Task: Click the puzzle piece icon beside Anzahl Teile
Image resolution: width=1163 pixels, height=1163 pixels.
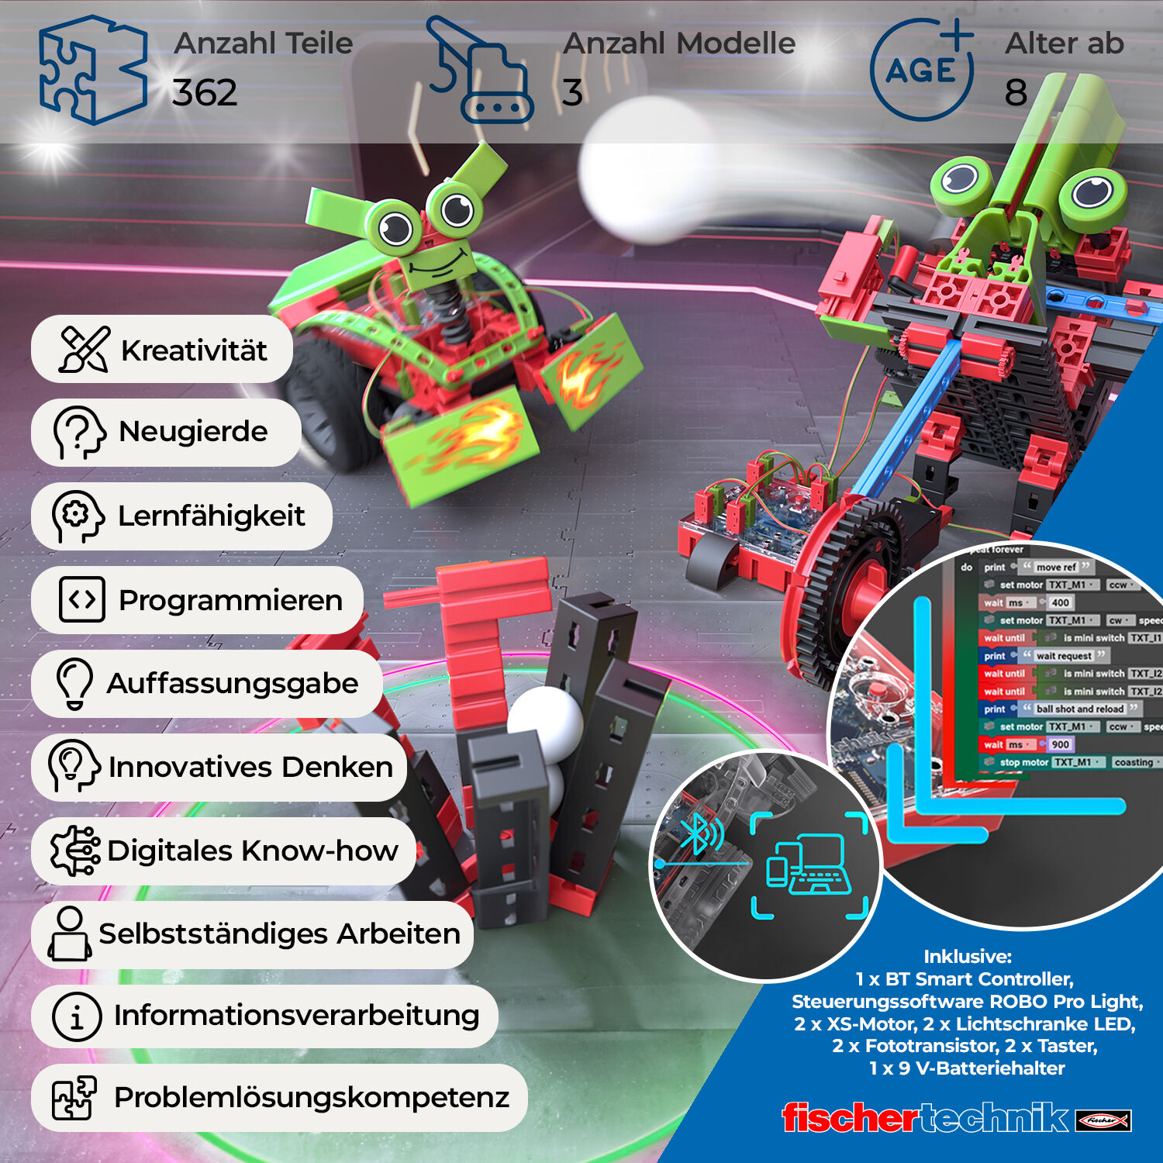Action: click(91, 70)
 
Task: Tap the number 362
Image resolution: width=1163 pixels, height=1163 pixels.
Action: click(205, 93)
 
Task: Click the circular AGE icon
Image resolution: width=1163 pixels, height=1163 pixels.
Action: click(921, 70)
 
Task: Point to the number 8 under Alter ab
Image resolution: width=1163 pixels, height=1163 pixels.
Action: click(1016, 93)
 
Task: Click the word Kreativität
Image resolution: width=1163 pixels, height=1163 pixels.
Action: click(194, 350)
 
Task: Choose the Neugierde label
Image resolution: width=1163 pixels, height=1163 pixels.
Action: click(193, 431)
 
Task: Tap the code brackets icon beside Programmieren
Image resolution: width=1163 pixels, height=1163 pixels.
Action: click(81, 599)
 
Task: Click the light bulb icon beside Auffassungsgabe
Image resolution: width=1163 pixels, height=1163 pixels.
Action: click(74, 683)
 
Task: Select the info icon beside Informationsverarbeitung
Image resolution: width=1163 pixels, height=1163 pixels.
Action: click(76, 1016)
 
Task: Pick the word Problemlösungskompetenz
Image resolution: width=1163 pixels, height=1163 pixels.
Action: click(312, 1097)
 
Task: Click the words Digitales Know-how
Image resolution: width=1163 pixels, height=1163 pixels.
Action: click(253, 851)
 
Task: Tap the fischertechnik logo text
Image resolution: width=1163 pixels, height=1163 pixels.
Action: click(926, 1118)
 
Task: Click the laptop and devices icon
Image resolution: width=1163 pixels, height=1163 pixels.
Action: click(808, 864)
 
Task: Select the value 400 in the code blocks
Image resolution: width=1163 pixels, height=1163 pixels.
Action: click(1060, 602)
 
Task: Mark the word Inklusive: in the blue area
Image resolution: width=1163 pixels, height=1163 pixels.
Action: click(968, 957)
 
